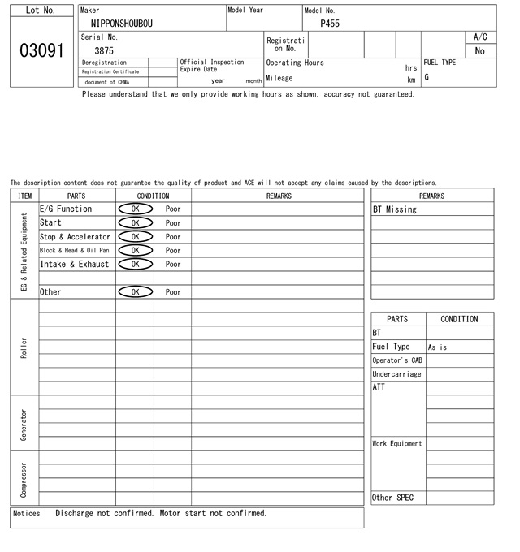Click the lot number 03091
(x=41, y=50)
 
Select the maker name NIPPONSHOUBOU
(x=122, y=24)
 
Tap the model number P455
(x=330, y=24)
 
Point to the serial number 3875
(x=104, y=50)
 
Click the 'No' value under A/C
(x=479, y=50)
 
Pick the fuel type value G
(x=427, y=77)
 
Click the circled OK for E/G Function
(x=135, y=209)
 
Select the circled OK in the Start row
(x=135, y=222)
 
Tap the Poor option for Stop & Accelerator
(x=173, y=236)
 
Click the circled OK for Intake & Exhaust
(x=135, y=264)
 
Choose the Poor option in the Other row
(x=173, y=291)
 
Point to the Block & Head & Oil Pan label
(x=74, y=250)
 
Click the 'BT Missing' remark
(x=395, y=209)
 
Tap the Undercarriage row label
(x=396, y=374)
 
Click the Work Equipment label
(x=397, y=443)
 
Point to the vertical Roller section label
(x=24, y=347)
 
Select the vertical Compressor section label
(x=24, y=480)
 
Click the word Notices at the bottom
(x=27, y=513)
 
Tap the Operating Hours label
(x=295, y=63)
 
